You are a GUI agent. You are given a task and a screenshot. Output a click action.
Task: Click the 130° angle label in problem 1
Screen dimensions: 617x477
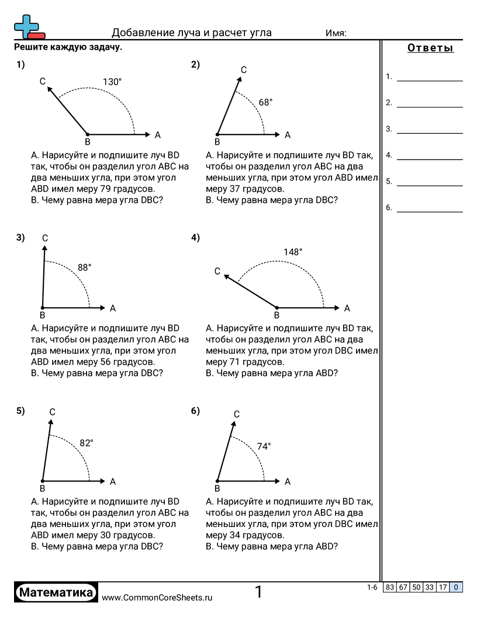click(112, 82)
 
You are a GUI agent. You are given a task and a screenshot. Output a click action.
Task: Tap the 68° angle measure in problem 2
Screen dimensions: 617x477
click(265, 102)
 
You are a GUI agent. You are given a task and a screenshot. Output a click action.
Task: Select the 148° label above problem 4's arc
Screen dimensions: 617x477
click(293, 252)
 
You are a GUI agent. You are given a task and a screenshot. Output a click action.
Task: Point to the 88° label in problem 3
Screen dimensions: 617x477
click(85, 268)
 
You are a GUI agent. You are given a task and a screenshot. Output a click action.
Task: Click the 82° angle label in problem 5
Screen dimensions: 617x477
click(87, 443)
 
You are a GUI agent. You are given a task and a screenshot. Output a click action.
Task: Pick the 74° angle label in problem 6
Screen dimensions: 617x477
click(264, 446)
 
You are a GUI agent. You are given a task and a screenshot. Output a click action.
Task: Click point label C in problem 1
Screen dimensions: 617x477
click(43, 82)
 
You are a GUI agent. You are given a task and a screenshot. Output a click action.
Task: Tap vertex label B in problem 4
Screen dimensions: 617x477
click(277, 316)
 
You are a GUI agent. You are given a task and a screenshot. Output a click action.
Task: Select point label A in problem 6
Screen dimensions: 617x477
click(288, 482)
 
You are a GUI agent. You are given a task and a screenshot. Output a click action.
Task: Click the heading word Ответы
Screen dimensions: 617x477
click(430, 48)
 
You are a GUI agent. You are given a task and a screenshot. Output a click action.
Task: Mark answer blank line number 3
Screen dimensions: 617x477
click(430, 133)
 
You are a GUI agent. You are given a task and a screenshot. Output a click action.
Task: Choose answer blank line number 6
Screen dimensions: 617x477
click(430, 211)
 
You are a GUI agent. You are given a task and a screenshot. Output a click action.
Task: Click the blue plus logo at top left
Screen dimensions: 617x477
click(26, 25)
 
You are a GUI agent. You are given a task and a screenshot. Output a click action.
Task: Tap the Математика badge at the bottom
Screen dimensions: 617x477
click(56, 592)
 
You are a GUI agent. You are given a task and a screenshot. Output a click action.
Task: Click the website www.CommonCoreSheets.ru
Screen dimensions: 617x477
click(157, 598)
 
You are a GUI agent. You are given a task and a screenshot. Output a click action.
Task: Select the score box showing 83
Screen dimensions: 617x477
click(390, 588)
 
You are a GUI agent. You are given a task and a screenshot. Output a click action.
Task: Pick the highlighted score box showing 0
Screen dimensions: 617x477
click(456, 588)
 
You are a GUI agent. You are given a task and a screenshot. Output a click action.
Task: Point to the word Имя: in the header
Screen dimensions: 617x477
click(336, 33)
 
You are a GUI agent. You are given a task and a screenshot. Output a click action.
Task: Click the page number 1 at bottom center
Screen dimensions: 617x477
click(258, 592)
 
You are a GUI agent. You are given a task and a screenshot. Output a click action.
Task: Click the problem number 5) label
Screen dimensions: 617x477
click(20, 411)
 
